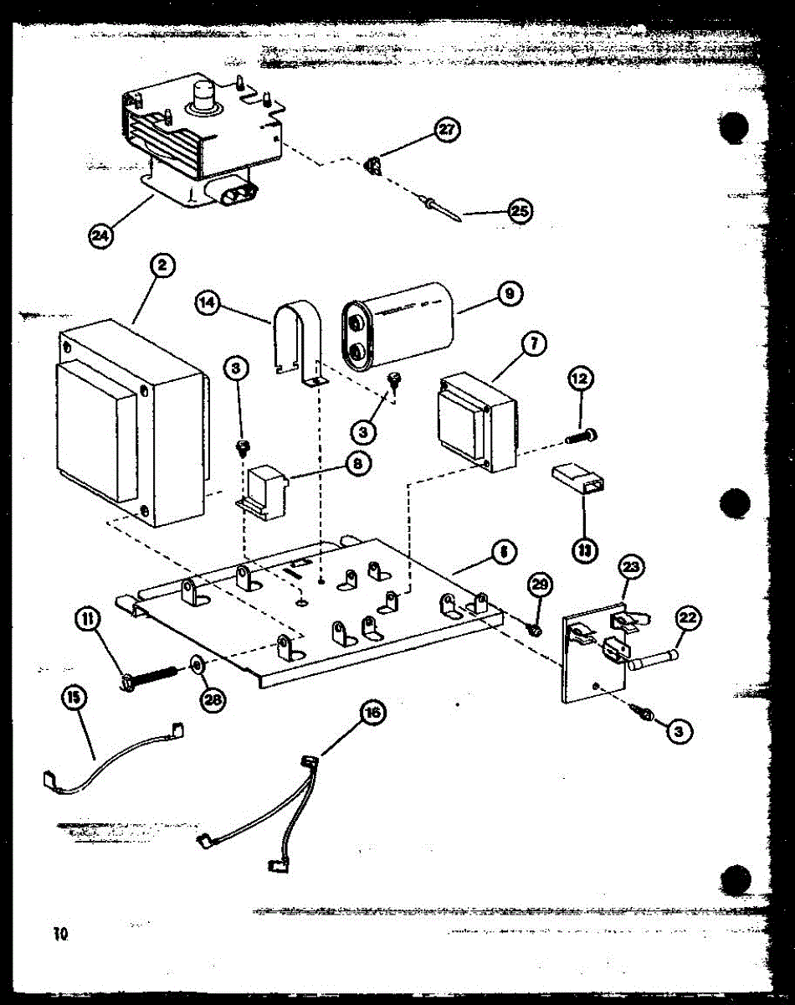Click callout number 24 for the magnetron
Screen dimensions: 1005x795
click(100, 236)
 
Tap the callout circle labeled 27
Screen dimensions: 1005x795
click(447, 130)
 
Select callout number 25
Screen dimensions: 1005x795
click(520, 211)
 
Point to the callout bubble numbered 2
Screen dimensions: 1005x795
click(162, 265)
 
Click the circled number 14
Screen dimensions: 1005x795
click(207, 301)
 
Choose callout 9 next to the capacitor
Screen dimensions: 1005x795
click(510, 293)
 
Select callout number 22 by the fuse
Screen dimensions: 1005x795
click(687, 619)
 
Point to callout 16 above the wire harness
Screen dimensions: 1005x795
click(372, 713)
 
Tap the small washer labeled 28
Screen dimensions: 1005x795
click(197, 667)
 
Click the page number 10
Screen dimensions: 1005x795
click(58, 934)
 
